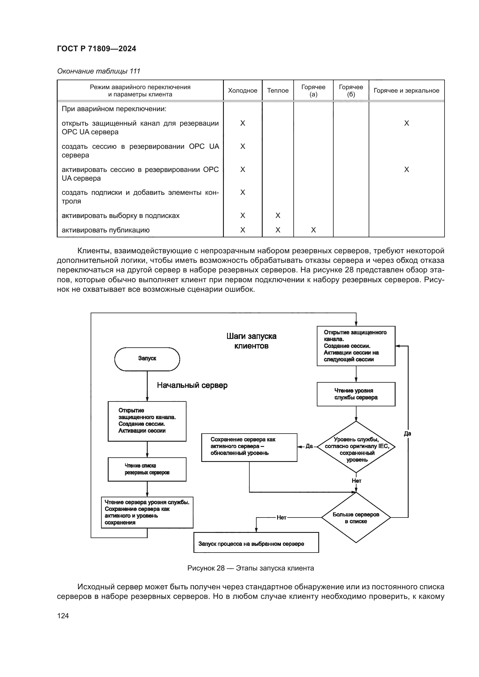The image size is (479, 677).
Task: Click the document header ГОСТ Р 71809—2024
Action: [96, 49]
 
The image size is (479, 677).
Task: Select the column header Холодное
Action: [242, 91]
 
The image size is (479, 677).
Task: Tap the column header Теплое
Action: [277, 91]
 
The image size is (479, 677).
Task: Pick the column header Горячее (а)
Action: [313, 91]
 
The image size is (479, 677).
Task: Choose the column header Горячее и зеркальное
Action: [406, 91]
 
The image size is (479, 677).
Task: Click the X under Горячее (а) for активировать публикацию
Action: [313, 230]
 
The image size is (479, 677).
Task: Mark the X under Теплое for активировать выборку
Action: [277, 216]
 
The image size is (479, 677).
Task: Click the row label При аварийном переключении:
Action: [114, 109]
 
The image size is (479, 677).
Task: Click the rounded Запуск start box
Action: [147, 359]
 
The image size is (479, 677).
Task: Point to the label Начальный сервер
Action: [192, 385]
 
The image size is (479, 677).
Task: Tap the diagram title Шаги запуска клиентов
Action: [251, 341]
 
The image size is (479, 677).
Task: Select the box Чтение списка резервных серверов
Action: [147, 469]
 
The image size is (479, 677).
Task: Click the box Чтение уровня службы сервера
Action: [356, 394]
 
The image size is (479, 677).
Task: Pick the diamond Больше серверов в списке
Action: [356, 518]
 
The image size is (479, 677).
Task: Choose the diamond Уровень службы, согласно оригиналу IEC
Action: [356, 447]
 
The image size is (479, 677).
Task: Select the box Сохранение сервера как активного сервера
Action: [249, 447]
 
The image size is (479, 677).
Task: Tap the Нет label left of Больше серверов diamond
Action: [281, 518]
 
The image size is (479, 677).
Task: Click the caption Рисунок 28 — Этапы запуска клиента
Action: [251, 568]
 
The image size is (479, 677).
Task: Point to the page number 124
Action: [63, 616]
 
